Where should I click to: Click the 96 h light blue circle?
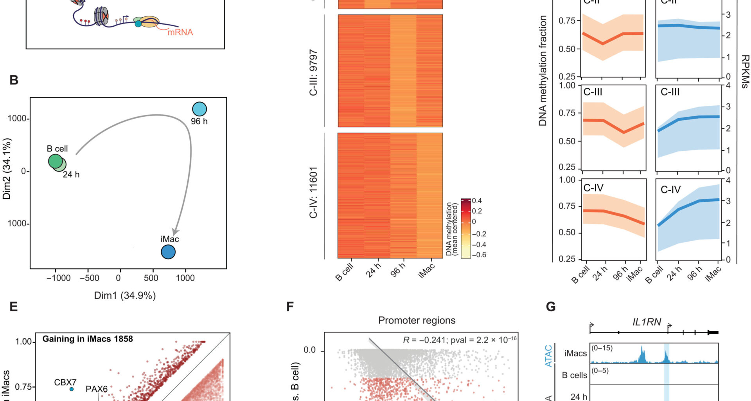[199, 109]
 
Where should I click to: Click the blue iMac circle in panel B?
[168, 252]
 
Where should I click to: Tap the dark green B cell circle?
[55, 161]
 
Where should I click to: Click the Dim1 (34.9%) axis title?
[125, 295]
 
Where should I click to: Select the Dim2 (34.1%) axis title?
[7, 169]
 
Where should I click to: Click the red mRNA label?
[180, 32]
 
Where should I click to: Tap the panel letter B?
[14, 80]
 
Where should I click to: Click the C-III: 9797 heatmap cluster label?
[313, 73]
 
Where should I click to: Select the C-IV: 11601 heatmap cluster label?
[313, 193]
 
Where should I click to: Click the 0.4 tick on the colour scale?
[477, 201]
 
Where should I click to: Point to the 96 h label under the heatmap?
[398, 270]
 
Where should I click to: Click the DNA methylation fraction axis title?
[543, 70]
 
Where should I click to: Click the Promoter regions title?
[417, 320]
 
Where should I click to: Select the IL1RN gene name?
[647, 322]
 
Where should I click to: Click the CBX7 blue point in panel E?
[72, 389]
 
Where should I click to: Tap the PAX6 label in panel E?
[97, 389]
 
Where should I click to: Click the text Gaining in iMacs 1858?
[88, 339]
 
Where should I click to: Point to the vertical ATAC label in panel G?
[548, 356]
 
